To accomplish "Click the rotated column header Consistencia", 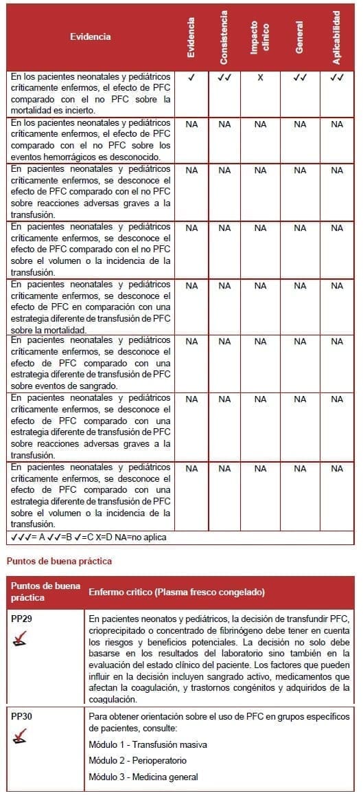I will pyautogui.click(x=224, y=37).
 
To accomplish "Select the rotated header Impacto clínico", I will pyautogui.click(x=259, y=37).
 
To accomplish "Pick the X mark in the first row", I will pyautogui.click(x=260, y=78).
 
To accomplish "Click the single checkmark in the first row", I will pyautogui.click(x=191, y=78).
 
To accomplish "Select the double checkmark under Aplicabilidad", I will pyautogui.click(x=336, y=78).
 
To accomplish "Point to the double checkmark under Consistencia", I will pyautogui.click(x=224, y=78).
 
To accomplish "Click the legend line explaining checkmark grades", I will pyautogui.click(x=88, y=537).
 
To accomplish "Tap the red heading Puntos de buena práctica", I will pyautogui.click(x=59, y=562).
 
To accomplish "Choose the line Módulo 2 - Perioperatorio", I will pyautogui.click(x=137, y=760).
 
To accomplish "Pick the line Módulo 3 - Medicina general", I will pyautogui.click(x=143, y=777).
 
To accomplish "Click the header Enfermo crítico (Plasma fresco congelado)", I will pyautogui.click(x=176, y=592).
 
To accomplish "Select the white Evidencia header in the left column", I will pyautogui.click(x=90, y=36).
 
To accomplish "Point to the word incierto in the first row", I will pyautogui.click(x=96, y=109).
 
